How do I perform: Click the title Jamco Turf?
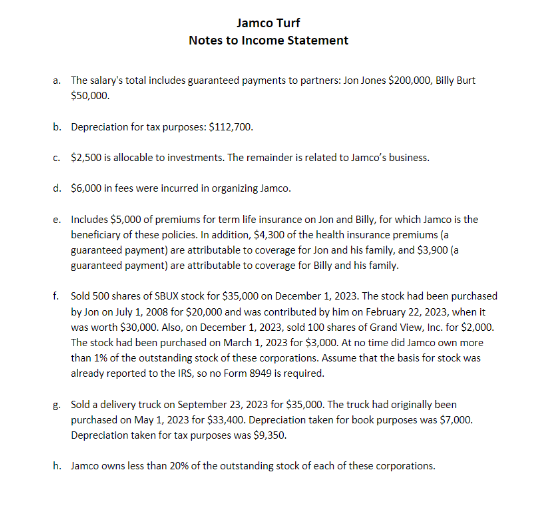click(x=269, y=22)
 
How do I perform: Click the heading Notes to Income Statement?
click(x=269, y=41)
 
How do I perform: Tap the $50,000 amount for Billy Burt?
click(x=90, y=96)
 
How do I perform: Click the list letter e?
click(x=56, y=218)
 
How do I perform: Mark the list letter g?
click(x=56, y=406)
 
